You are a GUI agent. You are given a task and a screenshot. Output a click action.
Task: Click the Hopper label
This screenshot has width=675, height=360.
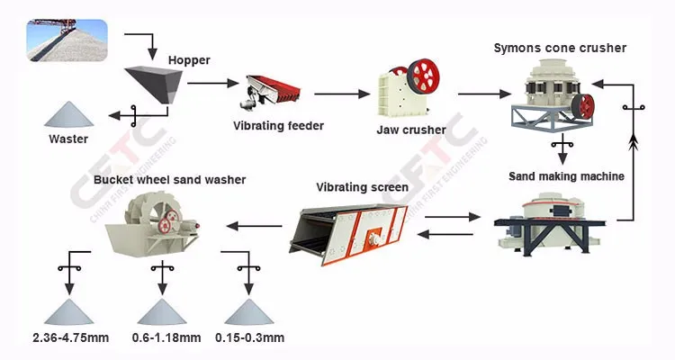pyautogui.click(x=189, y=60)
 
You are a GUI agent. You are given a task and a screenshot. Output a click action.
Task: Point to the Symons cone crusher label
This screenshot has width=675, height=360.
pyautogui.click(x=559, y=47)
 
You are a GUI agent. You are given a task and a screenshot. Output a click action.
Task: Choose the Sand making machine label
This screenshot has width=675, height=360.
pyautogui.click(x=565, y=176)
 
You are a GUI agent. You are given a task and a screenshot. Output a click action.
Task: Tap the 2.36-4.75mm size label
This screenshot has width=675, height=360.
pyautogui.click(x=69, y=337)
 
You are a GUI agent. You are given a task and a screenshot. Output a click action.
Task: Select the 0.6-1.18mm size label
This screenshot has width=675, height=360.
pyautogui.click(x=164, y=337)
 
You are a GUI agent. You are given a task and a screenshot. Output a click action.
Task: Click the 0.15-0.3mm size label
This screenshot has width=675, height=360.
pyautogui.click(x=249, y=337)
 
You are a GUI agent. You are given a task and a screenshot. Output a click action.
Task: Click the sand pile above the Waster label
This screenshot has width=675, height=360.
pyautogui.click(x=69, y=114)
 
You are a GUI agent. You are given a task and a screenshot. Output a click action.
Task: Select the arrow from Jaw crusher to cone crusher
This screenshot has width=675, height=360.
pyautogui.click(x=490, y=92)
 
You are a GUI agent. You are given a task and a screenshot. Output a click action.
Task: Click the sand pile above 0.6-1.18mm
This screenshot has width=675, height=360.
pyautogui.click(x=163, y=310)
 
